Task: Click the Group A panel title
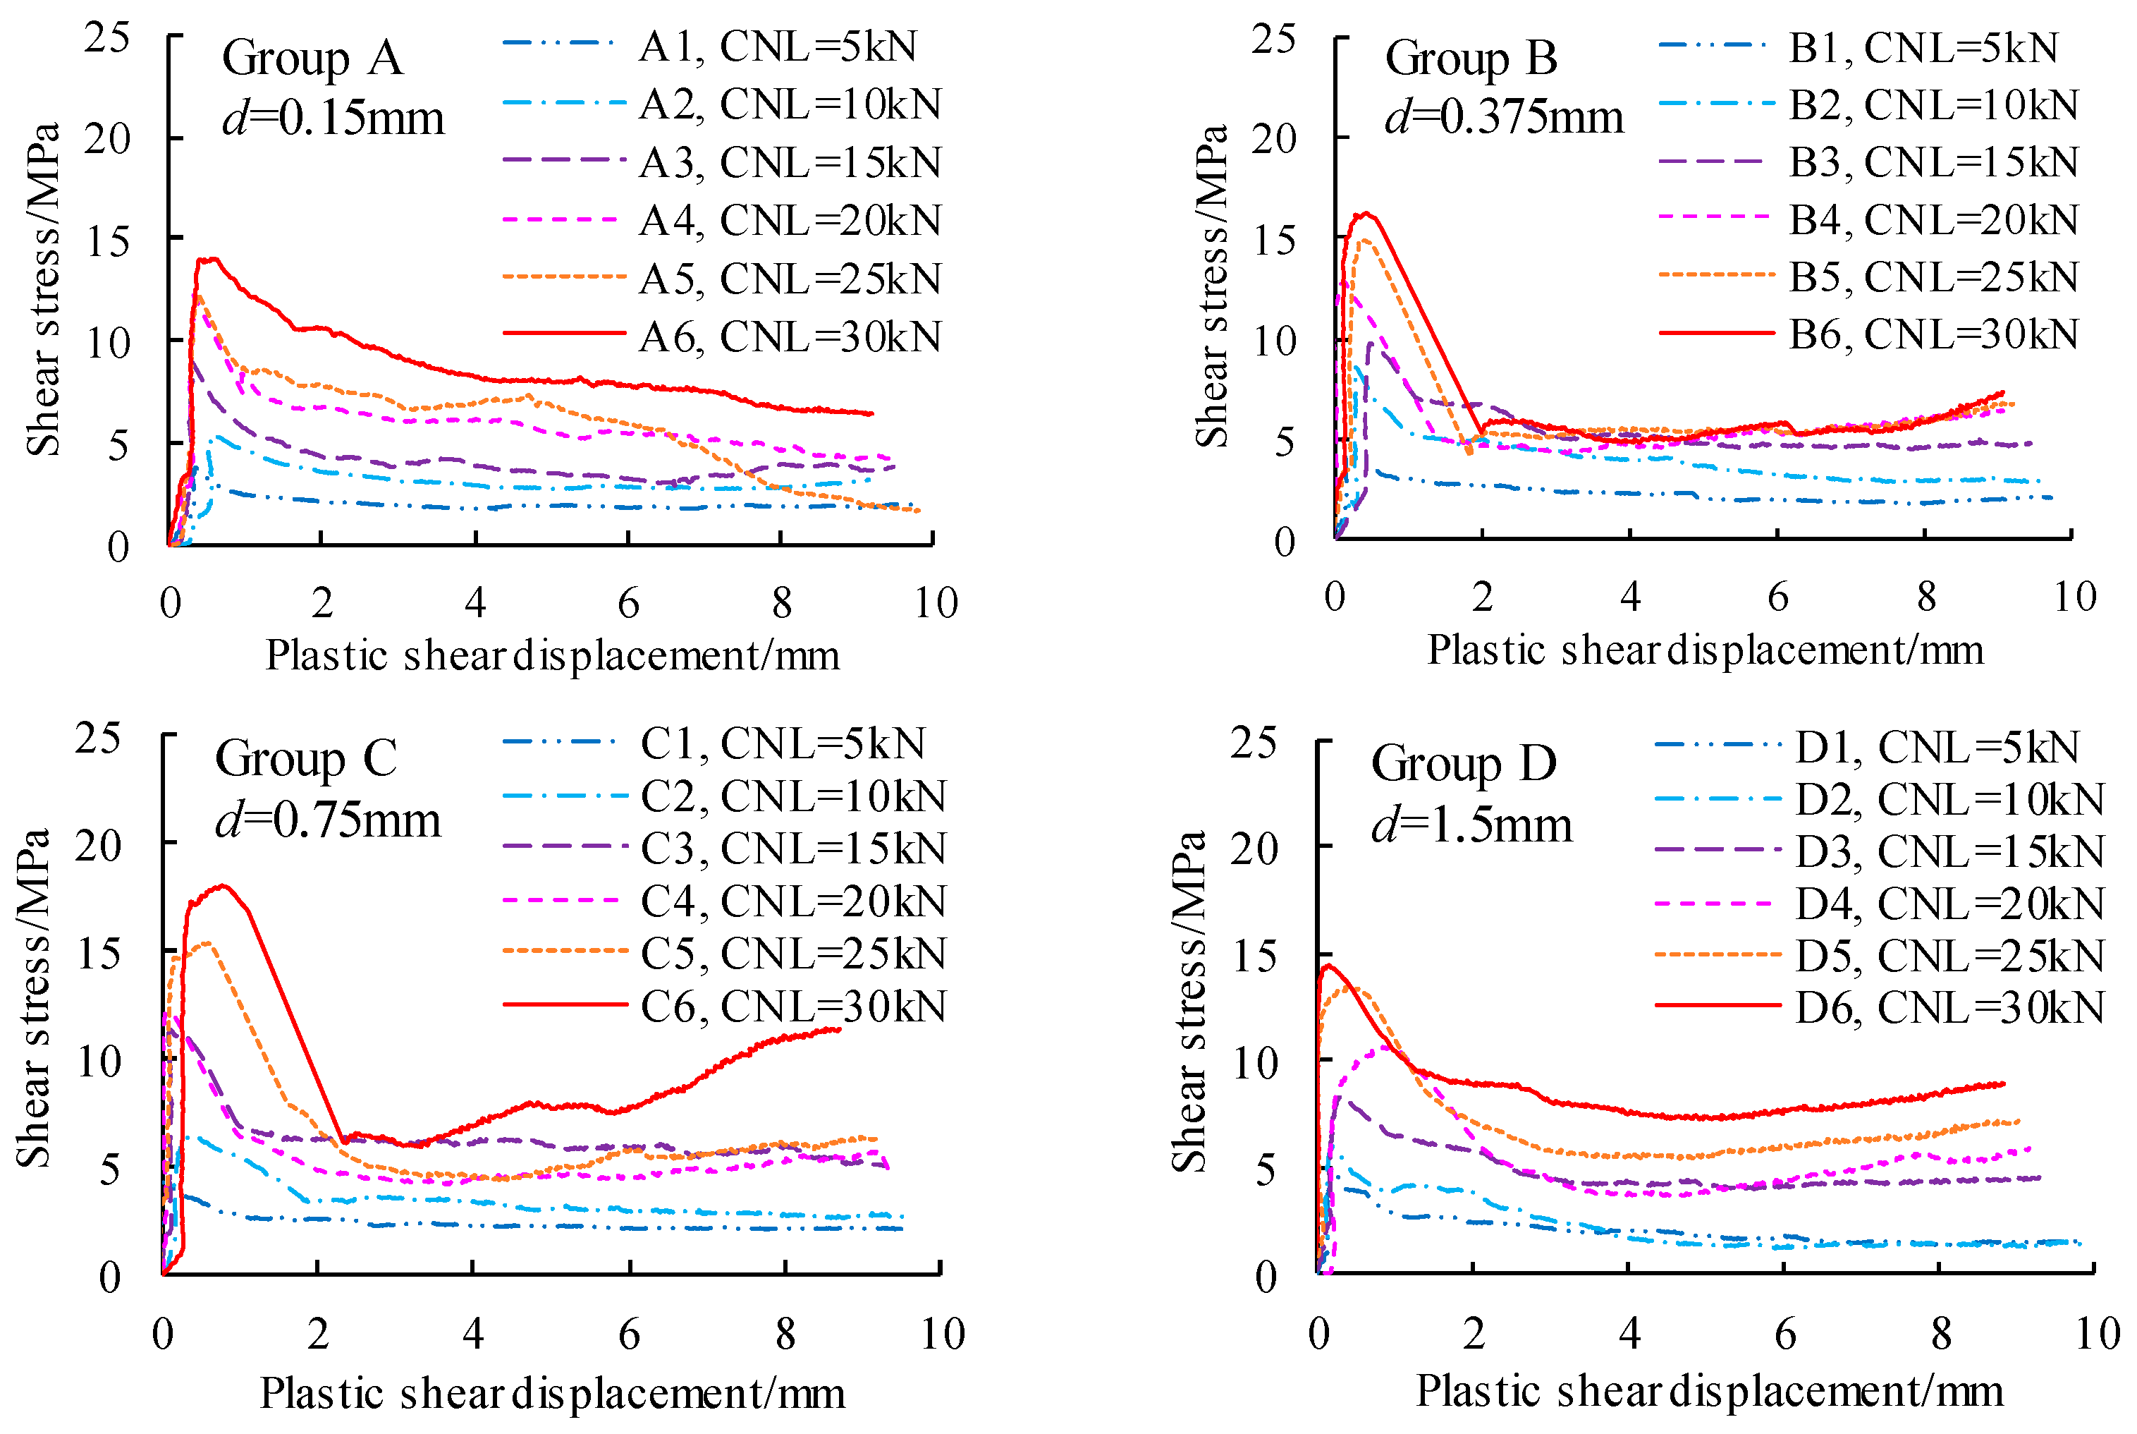pos(312,59)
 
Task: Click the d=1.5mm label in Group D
pos(1471,825)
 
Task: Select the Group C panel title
pos(305,758)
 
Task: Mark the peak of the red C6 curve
pos(222,885)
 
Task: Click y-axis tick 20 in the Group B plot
pos(1273,139)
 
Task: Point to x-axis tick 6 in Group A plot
pos(628,602)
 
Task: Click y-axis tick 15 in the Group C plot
pos(99,954)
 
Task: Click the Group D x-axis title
pos(1708,1391)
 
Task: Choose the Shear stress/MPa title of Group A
pos(42,289)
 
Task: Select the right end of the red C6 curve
pos(839,1029)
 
